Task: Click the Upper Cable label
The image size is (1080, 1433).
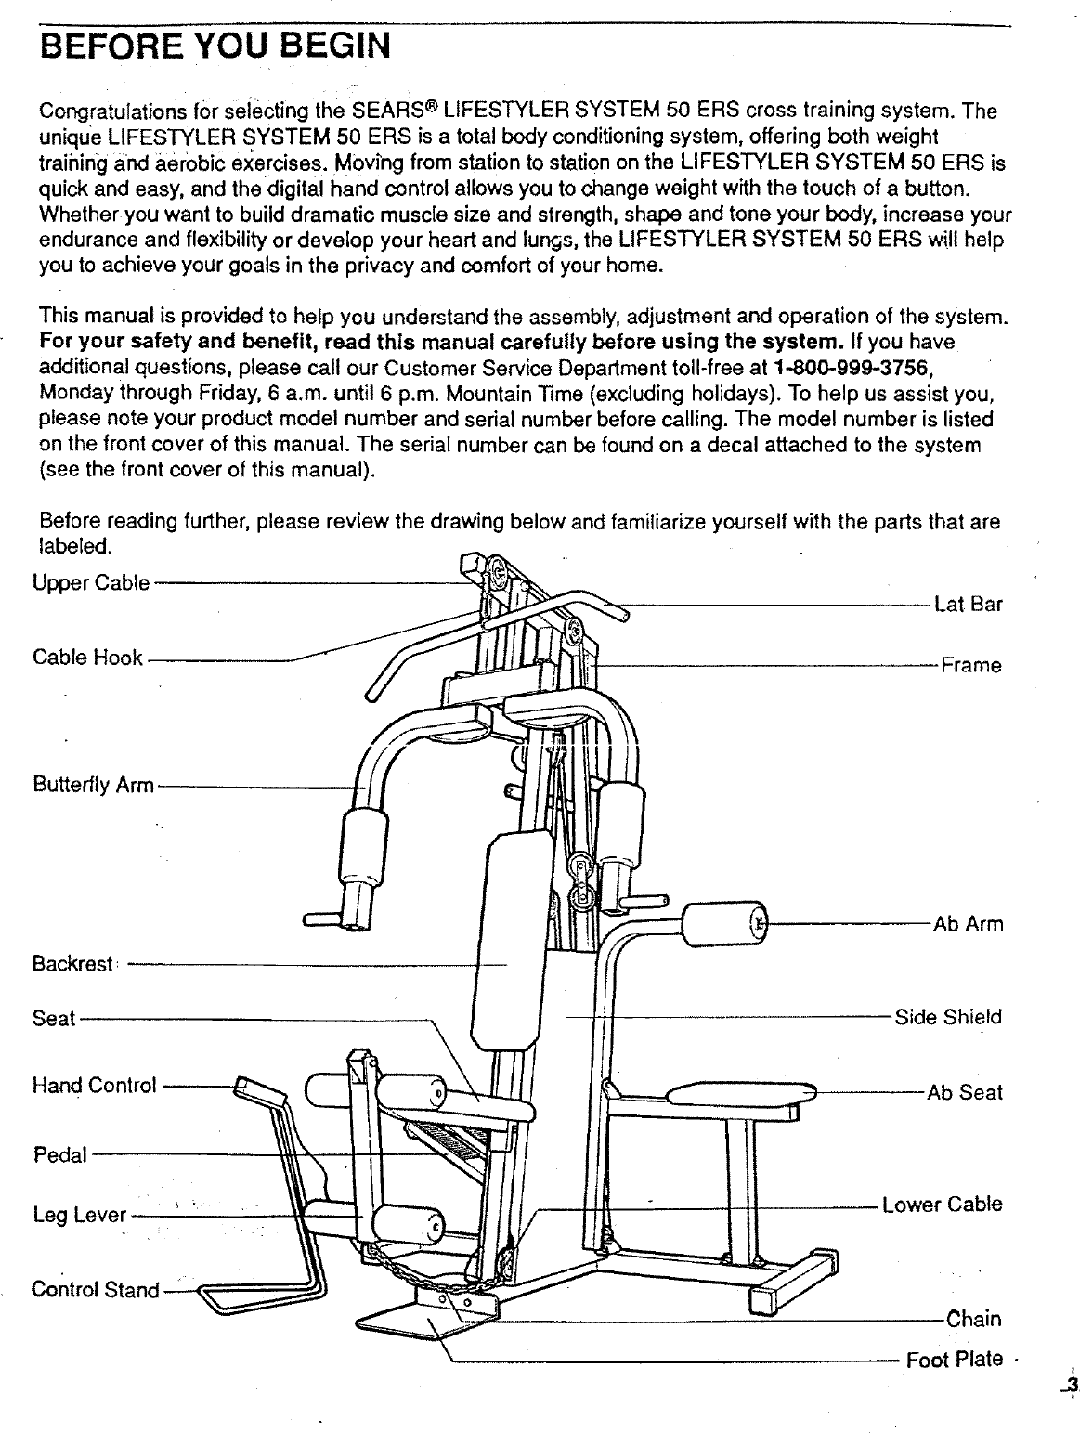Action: coord(90,584)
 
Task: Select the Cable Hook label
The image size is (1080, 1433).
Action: coord(87,658)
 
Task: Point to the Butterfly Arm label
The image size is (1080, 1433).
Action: coord(93,786)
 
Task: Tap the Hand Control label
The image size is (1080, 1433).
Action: coord(94,1085)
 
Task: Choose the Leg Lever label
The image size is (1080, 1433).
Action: coord(79,1215)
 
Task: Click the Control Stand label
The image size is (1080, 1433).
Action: coord(95,1290)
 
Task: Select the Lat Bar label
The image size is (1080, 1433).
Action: coord(969,606)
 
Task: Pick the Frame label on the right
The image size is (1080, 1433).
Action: coord(971,666)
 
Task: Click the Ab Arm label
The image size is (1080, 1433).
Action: coord(969,925)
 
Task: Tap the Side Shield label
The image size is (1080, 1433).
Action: coord(948,1017)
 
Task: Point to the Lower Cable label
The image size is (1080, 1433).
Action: coord(942,1205)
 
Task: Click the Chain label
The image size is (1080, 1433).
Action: coord(973,1320)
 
